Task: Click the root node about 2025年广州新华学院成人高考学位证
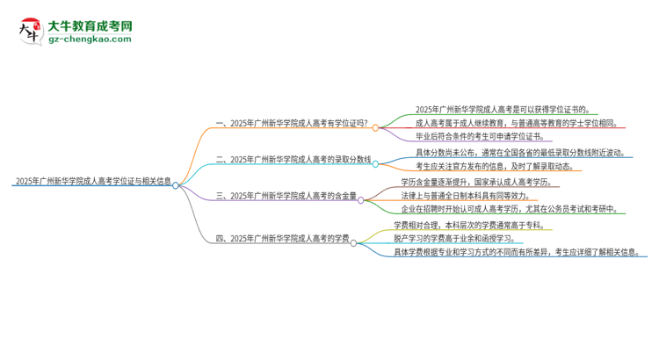92,184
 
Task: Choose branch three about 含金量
286,197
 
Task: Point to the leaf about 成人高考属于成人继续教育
516,124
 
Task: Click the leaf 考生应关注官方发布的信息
495,166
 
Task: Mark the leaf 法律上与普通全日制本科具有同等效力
487,195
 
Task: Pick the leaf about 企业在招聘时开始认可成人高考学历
514,209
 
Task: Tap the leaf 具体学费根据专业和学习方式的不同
514,252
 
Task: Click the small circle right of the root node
176,185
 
